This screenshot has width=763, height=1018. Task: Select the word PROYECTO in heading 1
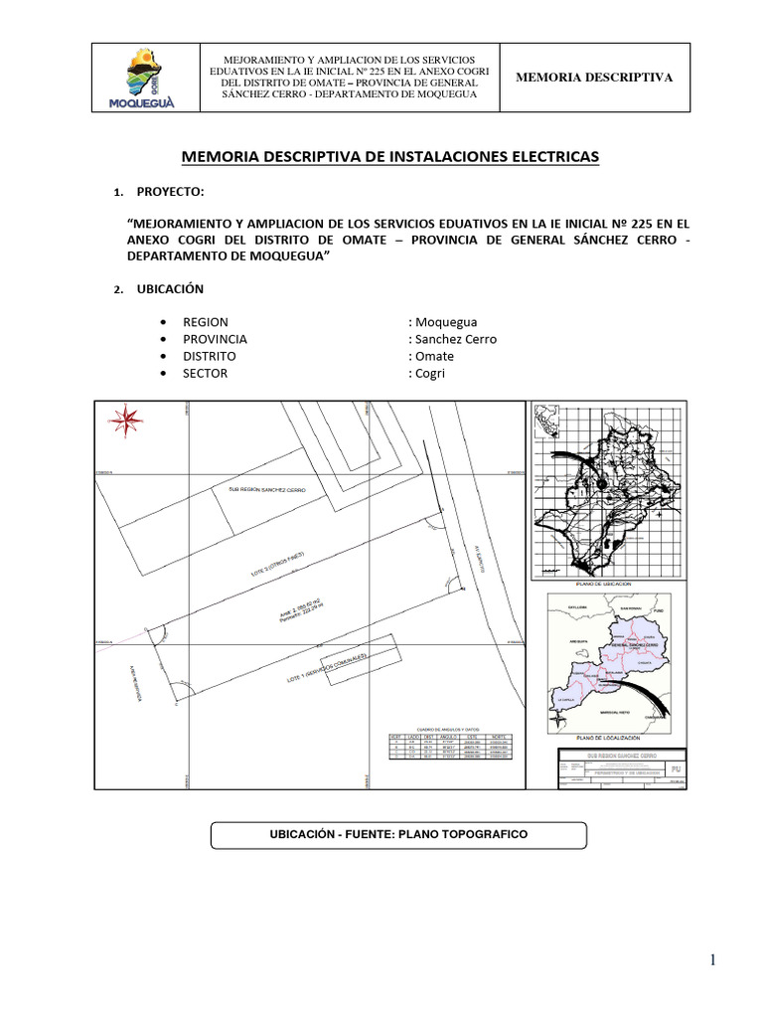(x=170, y=191)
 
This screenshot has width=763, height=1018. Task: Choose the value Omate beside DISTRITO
(x=433, y=356)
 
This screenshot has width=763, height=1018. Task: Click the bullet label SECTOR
(x=205, y=373)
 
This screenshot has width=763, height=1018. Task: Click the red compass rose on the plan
(x=125, y=421)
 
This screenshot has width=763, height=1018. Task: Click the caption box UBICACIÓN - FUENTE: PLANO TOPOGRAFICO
(x=398, y=834)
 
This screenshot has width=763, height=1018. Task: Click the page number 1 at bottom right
(x=712, y=958)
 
